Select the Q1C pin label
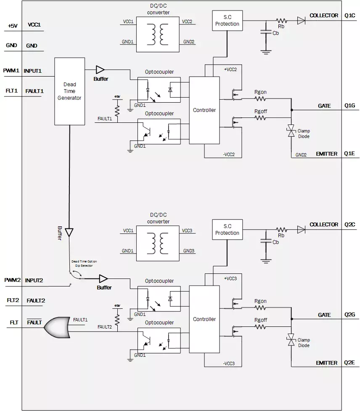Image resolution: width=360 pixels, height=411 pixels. point(350,16)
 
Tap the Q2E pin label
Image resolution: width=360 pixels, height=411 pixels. point(350,363)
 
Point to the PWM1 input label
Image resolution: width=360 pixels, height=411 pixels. point(11,71)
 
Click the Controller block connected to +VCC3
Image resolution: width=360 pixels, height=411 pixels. point(204,319)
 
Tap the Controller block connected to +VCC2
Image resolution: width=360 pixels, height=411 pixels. point(204,110)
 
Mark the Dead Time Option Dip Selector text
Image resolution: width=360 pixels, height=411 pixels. point(84,263)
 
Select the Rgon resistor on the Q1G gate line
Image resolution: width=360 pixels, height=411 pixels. point(261,99)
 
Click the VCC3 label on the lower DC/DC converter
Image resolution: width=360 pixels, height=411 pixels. point(187,231)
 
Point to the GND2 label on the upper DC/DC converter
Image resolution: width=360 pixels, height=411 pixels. point(188,42)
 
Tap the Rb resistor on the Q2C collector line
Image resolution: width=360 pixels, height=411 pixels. point(281,230)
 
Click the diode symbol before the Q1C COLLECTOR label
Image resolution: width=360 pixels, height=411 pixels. point(301,20)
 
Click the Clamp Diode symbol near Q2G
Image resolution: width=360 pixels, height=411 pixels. point(291,340)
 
